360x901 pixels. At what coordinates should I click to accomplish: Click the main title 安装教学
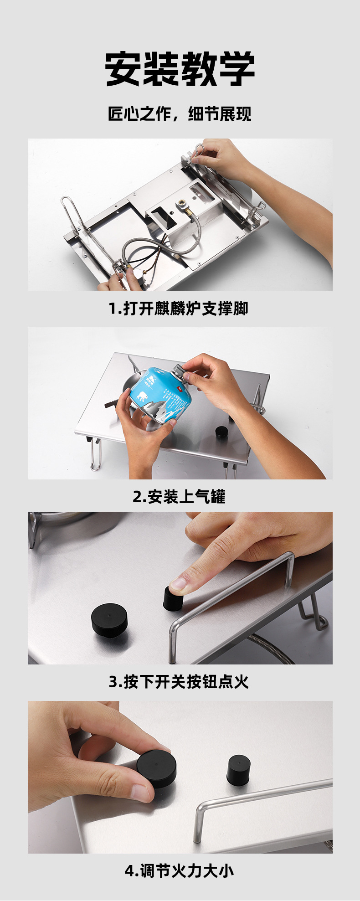[x=180, y=69]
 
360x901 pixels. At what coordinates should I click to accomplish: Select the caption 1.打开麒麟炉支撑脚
[x=179, y=309]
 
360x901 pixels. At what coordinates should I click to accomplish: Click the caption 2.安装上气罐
[x=179, y=496]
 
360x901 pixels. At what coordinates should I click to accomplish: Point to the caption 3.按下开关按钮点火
[x=179, y=682]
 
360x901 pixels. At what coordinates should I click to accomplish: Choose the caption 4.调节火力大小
[x=179, y=871]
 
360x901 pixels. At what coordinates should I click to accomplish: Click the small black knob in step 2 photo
[x=221, y=432]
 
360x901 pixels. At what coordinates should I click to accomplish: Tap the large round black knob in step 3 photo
[x=109, y=619]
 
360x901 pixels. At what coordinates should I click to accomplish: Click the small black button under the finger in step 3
[x=173, y=598]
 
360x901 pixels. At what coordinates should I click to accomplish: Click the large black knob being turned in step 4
[x=156, y=768]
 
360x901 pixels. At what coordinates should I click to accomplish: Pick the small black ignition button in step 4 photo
[x=238, y=770]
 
